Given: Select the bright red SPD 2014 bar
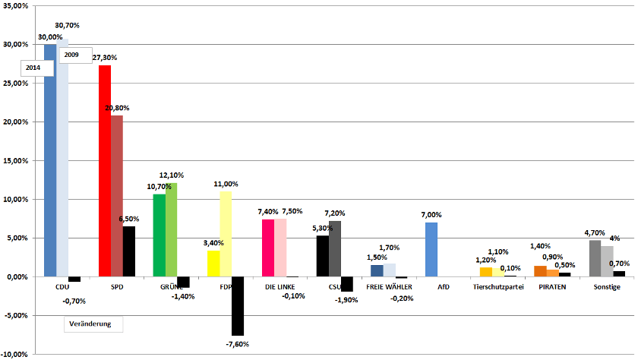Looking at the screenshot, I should click(105, 171).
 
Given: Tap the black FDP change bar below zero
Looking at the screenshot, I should click(238, 306).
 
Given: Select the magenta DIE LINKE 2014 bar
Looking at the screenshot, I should click(268, 248).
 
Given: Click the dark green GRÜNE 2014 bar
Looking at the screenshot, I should click(159, 235).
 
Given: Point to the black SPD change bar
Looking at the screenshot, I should click(129, 251).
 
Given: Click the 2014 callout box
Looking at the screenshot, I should click(33, 68).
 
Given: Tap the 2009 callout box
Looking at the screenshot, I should click(72, 55).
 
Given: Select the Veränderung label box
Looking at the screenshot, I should click(90, 324).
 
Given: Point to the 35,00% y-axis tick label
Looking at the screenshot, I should click(15, 6).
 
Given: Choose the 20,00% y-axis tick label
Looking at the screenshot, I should click(15, 122).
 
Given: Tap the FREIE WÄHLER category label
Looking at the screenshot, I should click(389, 287).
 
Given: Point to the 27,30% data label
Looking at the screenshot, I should click(104, 58).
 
